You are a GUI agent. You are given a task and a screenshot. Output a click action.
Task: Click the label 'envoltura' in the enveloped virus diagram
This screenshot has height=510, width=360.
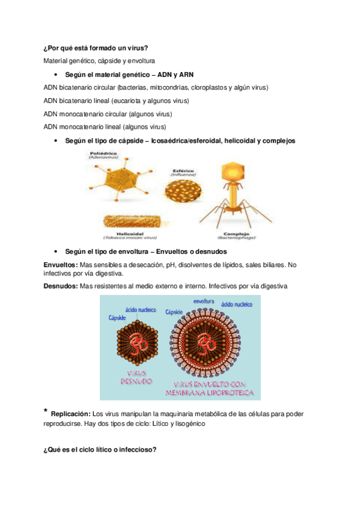tap(204, 300)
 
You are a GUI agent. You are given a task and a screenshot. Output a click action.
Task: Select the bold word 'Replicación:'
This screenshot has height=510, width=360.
tap(70, 414)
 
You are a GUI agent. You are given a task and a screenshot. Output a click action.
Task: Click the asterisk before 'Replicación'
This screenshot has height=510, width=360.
tap(46, 411)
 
